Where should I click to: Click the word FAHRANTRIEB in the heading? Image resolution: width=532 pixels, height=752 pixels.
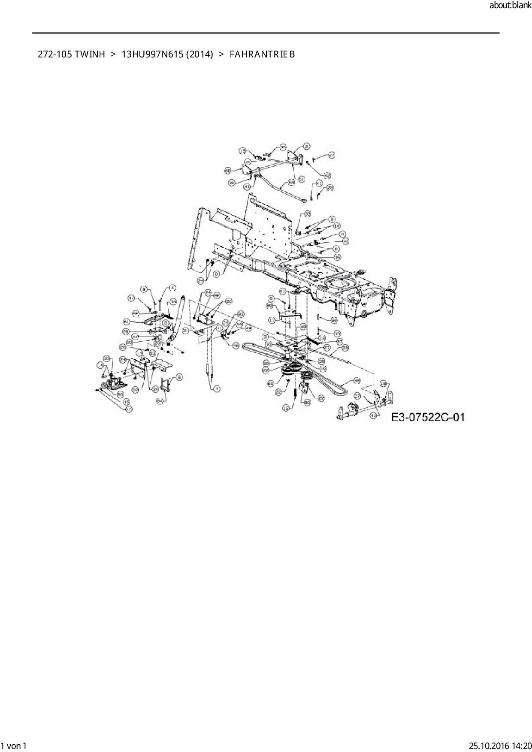(x=262, y=54)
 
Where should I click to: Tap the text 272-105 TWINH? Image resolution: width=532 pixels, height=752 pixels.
(x=71, y=54)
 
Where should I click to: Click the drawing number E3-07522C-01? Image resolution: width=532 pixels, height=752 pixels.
(x=428, y=417)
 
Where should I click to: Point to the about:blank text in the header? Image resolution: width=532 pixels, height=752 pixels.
(x=510, y=6)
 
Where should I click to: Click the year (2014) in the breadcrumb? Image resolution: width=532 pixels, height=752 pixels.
(x=199, y=54)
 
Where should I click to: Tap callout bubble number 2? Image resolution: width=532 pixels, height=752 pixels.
(x=307, y=146)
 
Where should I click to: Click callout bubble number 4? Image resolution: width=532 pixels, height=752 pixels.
(x=172, y=287)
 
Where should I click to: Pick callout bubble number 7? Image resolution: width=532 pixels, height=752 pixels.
(x=217, y=389)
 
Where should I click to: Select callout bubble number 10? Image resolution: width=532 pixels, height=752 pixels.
(x=129, y=409)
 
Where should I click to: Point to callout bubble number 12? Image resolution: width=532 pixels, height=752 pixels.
(x=286, y=409)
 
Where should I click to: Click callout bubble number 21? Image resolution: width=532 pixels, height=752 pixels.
(x=282, y=291)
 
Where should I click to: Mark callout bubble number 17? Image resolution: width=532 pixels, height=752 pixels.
(x=272, y=320)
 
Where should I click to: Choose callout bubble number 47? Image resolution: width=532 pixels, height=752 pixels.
(x=132, y=298)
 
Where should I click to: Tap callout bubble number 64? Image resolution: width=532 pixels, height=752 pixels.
(x=160, y=401)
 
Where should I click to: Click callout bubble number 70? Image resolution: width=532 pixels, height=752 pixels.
(x=269, y=344)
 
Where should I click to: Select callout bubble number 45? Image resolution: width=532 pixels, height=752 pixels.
(x=126, y=402)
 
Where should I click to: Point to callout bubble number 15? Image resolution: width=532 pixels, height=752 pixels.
(x=337, y=257)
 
